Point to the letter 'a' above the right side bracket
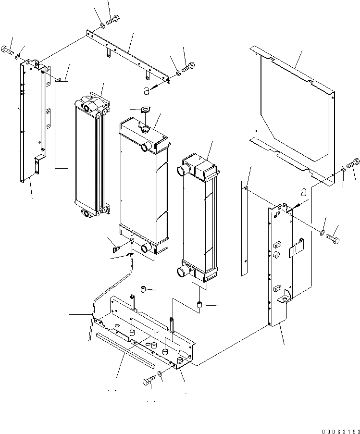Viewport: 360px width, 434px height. click(303, 192)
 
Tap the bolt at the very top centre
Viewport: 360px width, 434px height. click(113, 20)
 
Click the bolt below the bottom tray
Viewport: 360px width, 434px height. click(148, 382)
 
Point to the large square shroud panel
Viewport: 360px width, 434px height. click(293, 111)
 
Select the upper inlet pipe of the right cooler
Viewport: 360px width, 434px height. click(185, 169)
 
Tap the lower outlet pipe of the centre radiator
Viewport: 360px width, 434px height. click(145, 248)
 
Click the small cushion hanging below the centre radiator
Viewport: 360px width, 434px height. click(143, 289)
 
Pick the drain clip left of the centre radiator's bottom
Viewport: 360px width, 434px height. click(116, 249)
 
